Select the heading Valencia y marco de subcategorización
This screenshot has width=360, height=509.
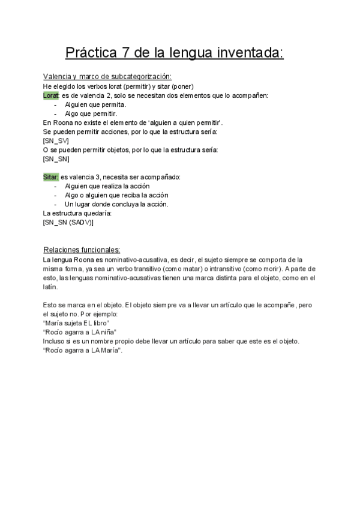(107, 76)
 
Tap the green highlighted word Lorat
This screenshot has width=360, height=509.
(51, 95)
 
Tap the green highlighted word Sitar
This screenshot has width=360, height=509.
(51, 177)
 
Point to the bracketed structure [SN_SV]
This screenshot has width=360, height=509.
(56, 140)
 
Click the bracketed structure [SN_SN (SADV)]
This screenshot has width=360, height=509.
(68, 222)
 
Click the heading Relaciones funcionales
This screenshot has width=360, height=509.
(82, 250)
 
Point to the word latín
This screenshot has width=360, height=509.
(50, 287)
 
